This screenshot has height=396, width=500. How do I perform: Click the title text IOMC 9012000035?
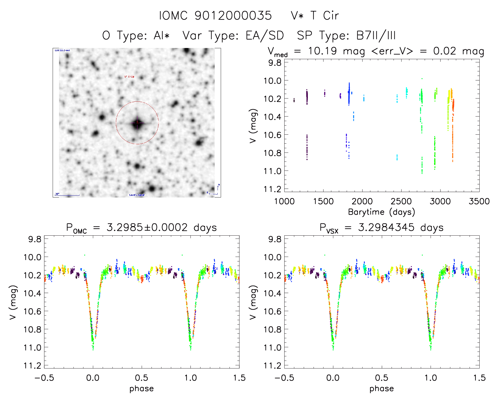point(215,16)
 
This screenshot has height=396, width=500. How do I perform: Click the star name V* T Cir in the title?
point(315,16)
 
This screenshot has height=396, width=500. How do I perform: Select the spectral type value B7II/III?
point(376,36)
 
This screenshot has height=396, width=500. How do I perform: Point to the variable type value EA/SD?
point(265,36)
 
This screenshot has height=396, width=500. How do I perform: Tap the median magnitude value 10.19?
point(322,51)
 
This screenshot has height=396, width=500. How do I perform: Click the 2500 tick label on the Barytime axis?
point(401,201)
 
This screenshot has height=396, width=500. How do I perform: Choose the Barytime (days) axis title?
point(381,212)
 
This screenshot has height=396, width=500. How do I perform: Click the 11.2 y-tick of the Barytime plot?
point(272,189)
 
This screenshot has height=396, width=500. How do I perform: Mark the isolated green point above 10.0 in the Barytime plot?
point(422,79)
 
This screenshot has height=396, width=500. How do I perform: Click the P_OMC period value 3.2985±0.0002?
point(147,227)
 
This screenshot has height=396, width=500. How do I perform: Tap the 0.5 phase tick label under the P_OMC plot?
point(142,378)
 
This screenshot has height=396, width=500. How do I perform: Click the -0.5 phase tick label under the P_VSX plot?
point(284,378)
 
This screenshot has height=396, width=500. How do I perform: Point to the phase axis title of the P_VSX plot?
point(381,389)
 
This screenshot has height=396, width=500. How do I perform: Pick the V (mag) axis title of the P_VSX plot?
point(253,302)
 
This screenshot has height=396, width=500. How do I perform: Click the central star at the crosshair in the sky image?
point(137,123)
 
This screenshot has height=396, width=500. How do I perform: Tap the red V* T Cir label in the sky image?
point(129,77)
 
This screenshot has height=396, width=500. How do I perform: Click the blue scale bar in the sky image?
point(67,195)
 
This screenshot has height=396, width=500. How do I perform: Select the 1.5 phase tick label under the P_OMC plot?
point(239,378)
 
